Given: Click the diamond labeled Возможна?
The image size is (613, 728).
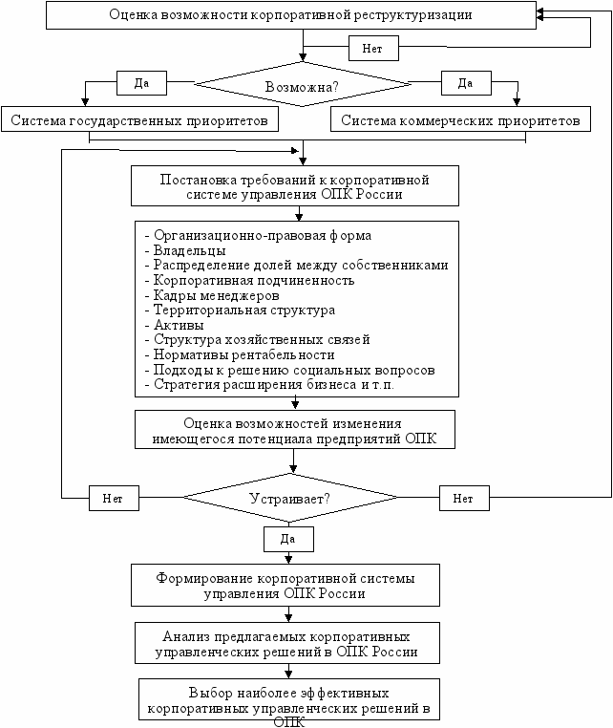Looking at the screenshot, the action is (x=302, y=85).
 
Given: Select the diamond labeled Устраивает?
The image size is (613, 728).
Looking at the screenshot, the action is (x=290, y=498).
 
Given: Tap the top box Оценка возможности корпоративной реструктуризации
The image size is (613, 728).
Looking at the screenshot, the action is (x=291, y=15).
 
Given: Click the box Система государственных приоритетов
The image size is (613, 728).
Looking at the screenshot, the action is (x=139, y=119).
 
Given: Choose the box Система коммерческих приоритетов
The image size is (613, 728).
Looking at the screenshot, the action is (x=460, y=119).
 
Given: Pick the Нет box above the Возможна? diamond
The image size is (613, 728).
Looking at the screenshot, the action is (x=373, y=49).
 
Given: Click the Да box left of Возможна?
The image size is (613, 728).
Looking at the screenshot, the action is (x=141, y=83).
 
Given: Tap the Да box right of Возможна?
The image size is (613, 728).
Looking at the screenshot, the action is (x=466, y=83).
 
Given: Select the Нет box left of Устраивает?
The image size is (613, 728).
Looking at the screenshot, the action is (x=114, y=498).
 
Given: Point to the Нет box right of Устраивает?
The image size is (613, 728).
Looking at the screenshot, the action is (x=464, y=498).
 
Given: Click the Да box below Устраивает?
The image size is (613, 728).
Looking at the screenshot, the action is (x=288, y=539).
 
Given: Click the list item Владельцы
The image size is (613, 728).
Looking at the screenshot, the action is (x=189, y=250).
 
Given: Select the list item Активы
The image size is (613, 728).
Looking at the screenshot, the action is (x=179, y=325).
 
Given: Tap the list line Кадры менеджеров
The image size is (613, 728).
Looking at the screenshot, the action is (x=216, y=295).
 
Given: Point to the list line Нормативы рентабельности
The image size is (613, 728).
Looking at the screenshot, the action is (x=244, y=354).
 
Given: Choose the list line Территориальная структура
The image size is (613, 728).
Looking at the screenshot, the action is (x=244, y=310).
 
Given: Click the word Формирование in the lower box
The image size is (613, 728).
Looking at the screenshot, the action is (x=204, y=579).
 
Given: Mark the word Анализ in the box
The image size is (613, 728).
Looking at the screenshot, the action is (x=186, y=636).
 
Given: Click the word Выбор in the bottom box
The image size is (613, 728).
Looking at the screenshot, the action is (x=210, y=694).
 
